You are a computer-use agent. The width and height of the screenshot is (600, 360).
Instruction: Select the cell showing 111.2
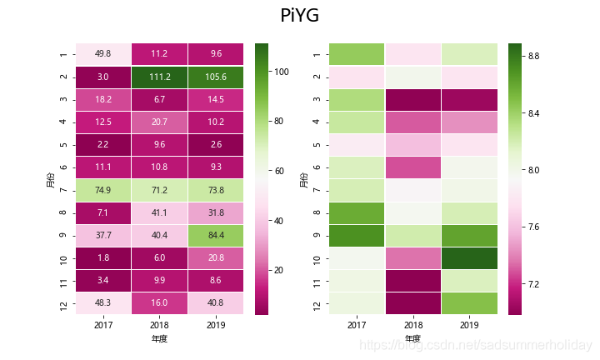pyautogui.click(x=158, y=77)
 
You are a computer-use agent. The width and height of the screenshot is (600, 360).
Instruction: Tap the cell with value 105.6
pyautogui.click(x=215, y=77)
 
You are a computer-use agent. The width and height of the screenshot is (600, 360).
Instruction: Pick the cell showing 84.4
pyautogui.click(x=215, y=236)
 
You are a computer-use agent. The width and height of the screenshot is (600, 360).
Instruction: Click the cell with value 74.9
pyautogui.click(x=102, y=190)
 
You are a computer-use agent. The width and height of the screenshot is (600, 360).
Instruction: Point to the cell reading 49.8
pyautogui.click(x=102, y=54)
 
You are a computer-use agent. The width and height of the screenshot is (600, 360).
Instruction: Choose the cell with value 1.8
pyautogui.click(x=102, y=258)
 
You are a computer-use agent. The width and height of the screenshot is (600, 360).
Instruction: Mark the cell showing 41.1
pyautogui.click(x=158, y=213)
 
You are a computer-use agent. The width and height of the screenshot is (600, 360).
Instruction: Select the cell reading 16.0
pyautogui.click(x=158, y=304)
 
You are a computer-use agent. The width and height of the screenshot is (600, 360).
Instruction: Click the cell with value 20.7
pyautogui.click(x=158, y=122)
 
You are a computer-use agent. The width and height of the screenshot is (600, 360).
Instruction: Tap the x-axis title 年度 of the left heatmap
pyautogui.click(x=158, y=339)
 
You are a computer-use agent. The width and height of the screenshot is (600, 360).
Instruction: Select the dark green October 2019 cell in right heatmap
pyautogui.click(x=469, y=258)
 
